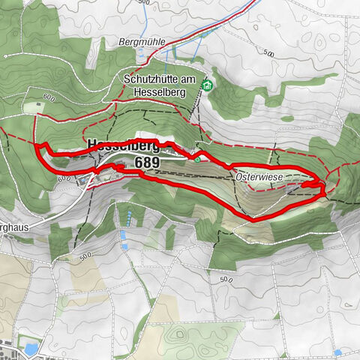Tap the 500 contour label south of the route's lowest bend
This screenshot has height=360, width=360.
(226, 279)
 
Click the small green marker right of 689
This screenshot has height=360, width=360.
(197, 158)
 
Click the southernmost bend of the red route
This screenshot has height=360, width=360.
(252, 219)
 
